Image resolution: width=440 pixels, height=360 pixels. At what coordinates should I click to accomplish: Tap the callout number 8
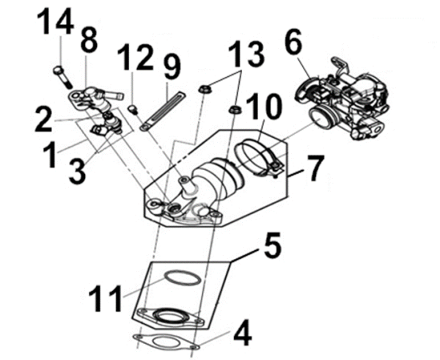tap(89, 41)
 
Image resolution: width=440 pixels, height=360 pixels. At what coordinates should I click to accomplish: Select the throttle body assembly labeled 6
tap(343, 99)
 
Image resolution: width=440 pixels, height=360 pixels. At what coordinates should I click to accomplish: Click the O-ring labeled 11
tap(180, 278)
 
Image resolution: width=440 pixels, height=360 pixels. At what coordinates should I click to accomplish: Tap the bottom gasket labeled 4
tap(163, 342)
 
